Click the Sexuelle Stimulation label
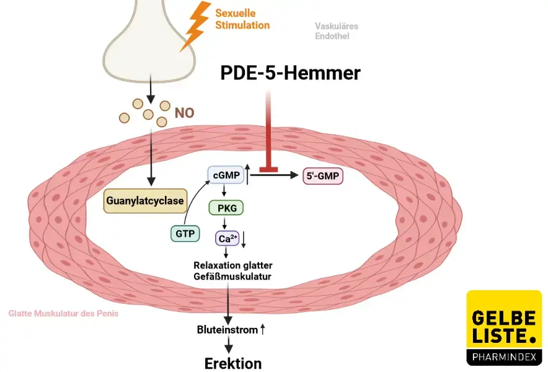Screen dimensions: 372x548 (242, 19)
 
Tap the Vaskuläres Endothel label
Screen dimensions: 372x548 (337, 31)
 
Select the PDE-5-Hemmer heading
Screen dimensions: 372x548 (290, 73)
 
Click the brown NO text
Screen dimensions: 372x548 (184, 113)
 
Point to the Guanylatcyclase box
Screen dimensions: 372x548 (145, 201)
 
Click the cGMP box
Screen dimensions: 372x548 (226, 176)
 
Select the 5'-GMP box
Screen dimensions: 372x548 (322, 176)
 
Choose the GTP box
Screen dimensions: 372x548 (185, 233)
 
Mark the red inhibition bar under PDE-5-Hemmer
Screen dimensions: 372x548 (268, 167)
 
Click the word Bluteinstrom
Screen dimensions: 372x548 (227, 330)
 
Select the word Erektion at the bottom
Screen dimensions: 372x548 (233, 363)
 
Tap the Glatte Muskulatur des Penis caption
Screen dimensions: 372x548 (63, 314)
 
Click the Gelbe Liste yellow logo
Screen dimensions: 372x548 (503, 325)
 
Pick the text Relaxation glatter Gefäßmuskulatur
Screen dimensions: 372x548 (233, 271)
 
